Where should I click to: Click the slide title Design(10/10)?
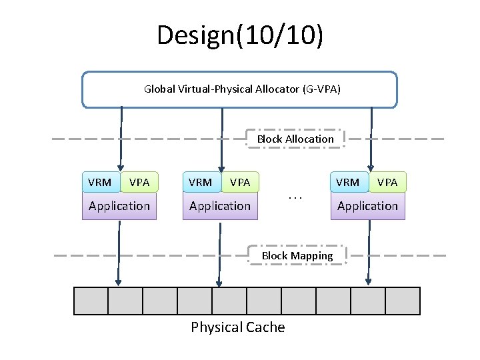point(240,35)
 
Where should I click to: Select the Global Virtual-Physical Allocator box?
point(239,89)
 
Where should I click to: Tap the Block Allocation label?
point(295,139)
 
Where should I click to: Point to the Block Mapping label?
point(297,255)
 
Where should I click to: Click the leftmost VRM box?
point(100,182)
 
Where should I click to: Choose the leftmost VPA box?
point(139,182)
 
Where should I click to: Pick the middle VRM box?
point(201,182)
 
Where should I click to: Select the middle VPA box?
point(240,182)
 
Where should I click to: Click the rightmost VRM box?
point(348,182)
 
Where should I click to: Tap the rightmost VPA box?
point(387,182)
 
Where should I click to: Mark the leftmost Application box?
point(119,206)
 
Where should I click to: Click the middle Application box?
point(220,206)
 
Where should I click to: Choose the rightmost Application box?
point(367,206)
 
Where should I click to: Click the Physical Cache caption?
point(238,327)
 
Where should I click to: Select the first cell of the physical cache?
point(91,301)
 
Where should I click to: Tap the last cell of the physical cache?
point(403,301)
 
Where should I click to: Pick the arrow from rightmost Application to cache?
point(368,253)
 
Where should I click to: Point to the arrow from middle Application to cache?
point(218,253)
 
